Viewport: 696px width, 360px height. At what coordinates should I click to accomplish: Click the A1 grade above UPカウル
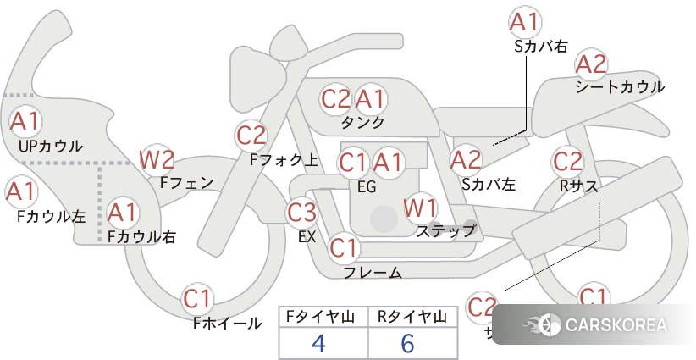pos(25,120)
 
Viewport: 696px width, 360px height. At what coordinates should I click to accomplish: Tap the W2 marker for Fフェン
pos(157,158)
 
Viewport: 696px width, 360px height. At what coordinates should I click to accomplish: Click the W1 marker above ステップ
pos(420,206)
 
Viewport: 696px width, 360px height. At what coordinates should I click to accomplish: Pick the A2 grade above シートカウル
pos(591,63)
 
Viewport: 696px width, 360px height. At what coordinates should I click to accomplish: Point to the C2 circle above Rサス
pos(567,160)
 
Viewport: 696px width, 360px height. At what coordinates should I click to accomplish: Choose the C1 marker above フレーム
pos(344,248)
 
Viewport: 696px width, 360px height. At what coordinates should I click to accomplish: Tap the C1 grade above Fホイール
pos(199,298)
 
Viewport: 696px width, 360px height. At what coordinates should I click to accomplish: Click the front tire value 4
pos(318,343)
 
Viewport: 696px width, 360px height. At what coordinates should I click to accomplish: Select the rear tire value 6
pos(407,343)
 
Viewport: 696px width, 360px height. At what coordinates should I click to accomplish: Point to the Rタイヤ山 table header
pos(411,317)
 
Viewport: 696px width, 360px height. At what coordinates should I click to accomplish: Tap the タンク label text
pos(362,122)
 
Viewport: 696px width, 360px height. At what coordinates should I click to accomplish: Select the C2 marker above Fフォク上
pos(251,135)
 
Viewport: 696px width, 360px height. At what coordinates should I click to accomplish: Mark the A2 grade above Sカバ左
pos(466,158)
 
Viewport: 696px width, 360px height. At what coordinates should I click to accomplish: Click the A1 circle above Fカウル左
pos(20,192)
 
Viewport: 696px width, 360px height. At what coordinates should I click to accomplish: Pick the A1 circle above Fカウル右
pos(123,210)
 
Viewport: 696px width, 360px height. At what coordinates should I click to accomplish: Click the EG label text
pos(367,186)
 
